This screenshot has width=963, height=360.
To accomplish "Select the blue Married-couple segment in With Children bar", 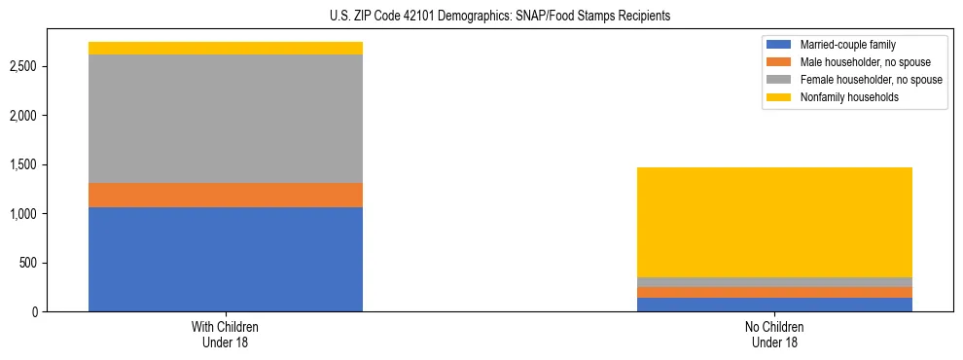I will coord(226,259).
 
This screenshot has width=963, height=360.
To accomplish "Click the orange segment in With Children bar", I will coord(226,195).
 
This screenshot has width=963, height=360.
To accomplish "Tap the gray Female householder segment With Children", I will coord(226,119).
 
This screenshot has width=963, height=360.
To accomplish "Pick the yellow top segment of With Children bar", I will coord(226,48).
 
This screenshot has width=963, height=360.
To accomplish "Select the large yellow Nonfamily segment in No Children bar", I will coord(774,222).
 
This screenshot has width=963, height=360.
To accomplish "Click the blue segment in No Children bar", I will coord(774,305).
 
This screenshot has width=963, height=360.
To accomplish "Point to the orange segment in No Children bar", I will coord(774,292).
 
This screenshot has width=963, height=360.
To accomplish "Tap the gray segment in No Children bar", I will coord(774,282).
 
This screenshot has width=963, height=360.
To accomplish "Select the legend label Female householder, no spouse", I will coord(871,80).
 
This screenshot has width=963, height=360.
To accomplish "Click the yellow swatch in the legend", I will coord(779,97).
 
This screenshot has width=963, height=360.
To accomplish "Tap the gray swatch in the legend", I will coord(779,80).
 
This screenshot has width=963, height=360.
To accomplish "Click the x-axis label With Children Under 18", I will coord(226,335).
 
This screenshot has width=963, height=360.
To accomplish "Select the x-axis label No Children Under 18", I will coord(774,335).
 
